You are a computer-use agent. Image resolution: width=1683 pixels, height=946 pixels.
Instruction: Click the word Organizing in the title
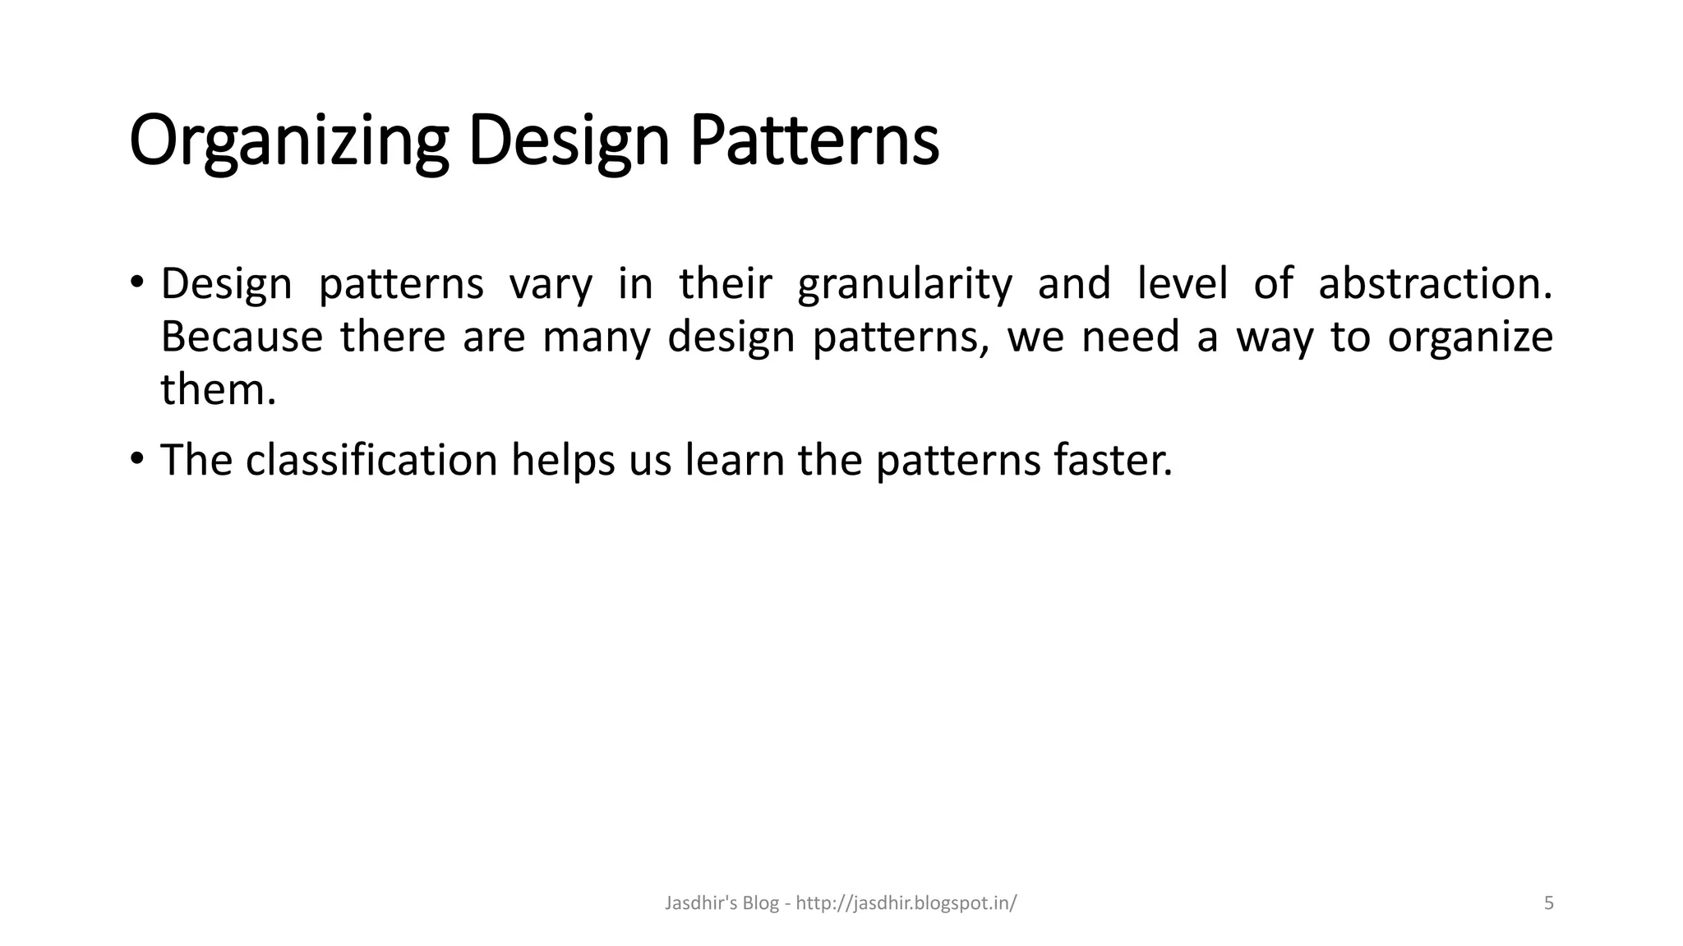tap(288, 142)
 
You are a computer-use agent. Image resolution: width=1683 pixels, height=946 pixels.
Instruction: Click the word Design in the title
tap(569, 142)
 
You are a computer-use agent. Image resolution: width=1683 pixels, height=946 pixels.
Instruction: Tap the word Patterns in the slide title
tap(814, 140)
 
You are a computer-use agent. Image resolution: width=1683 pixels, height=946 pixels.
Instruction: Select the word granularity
tap(905, 284)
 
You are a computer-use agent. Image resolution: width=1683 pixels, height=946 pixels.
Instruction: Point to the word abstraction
tap(1435, 283)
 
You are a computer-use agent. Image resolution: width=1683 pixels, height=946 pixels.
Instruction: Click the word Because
tap(241, 337)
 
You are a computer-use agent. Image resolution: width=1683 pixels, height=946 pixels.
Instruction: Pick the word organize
tap(1469, 338)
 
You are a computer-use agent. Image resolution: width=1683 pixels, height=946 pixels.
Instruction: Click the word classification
tap(371, 460)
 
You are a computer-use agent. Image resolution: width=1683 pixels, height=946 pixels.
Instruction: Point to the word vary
tap(551, 284)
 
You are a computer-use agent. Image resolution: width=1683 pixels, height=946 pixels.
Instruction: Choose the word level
tap(1182, 283)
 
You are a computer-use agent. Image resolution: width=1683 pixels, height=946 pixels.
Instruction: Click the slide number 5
tap(1548, 903)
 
